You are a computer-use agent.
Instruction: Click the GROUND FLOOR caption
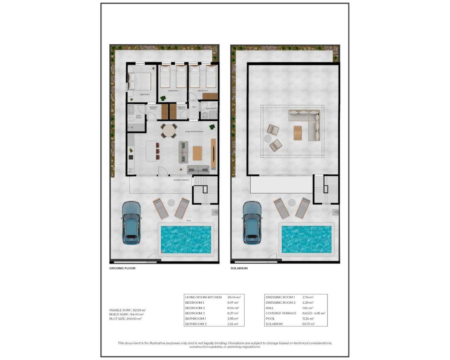point(122,268)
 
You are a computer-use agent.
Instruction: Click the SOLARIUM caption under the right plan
point(239,268)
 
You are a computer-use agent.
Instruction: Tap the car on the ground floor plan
point(131,223)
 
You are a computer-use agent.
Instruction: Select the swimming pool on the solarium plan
point(307,239)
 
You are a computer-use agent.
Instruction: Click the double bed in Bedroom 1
point(139,81)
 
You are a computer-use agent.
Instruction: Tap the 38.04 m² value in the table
point(234,297)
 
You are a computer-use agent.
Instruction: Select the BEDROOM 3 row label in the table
point(195,313)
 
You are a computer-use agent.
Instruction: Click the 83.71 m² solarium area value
point(308,324)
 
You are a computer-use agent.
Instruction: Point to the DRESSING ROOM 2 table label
point(281,302)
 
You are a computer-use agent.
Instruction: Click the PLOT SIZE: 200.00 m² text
point(126,319)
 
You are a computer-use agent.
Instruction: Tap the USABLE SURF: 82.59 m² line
point(127,310)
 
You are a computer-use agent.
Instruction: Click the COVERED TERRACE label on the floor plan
point(181,180)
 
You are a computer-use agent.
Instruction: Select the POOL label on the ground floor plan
point(189,221)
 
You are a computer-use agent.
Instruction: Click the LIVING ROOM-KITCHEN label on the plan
point(194,132)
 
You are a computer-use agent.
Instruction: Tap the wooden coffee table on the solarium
point(298,133)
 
